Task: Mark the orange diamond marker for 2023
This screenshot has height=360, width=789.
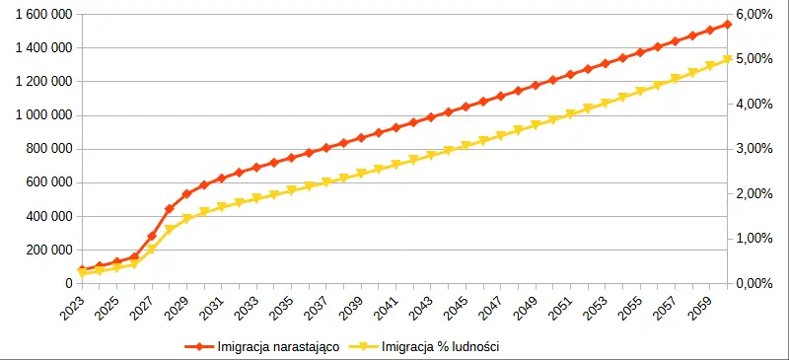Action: point(82,269)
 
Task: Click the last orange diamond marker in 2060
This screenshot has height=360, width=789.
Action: point(728,24)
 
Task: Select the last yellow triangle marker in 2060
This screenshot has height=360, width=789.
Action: point(728,59)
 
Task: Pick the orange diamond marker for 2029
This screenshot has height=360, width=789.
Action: point(186,194)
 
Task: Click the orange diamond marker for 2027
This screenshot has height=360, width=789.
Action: point(152,236)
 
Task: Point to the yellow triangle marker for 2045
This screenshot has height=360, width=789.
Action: point(466,146)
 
